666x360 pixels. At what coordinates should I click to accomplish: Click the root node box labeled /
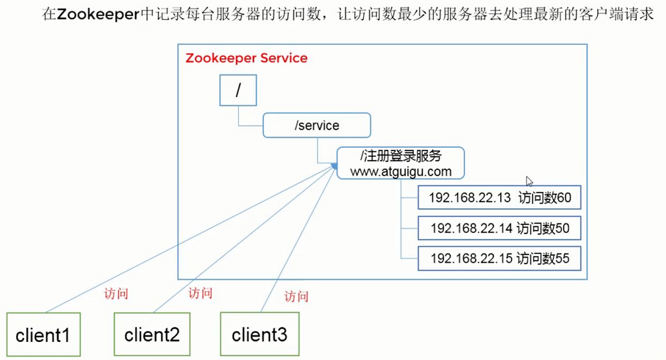(238, 90)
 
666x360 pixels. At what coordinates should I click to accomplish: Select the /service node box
(316, 125)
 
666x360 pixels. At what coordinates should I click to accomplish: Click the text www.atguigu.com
(400, 172)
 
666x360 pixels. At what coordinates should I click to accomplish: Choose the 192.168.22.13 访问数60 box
(499, 198)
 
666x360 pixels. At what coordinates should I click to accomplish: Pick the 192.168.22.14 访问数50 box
(499, 228)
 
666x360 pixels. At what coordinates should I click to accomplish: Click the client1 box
(43, 333)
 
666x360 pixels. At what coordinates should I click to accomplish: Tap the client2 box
(152, 333)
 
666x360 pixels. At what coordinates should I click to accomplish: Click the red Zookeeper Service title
(246, 58)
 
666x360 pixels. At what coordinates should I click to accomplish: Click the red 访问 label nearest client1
(116, 294)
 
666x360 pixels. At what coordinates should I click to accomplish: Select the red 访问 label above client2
(201, 292)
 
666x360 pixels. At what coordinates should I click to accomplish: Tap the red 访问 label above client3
(297, 296)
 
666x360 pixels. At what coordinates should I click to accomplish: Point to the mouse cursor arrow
(529, 181)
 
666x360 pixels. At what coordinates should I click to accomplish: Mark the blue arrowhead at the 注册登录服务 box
(333, 165)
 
